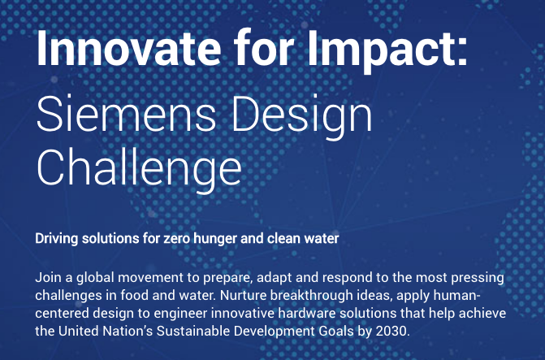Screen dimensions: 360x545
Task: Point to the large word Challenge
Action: (139, 170)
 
